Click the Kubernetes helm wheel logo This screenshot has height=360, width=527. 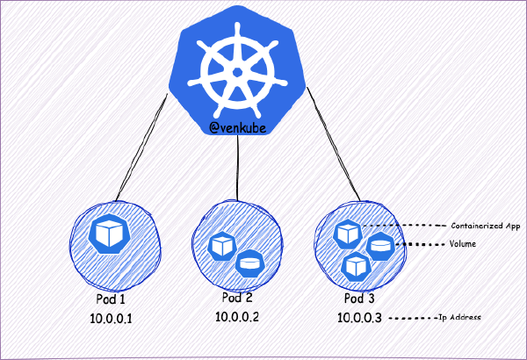240,69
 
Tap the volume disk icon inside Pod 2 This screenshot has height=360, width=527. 249,260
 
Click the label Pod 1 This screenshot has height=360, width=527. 108,298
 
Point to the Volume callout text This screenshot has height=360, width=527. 462,243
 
